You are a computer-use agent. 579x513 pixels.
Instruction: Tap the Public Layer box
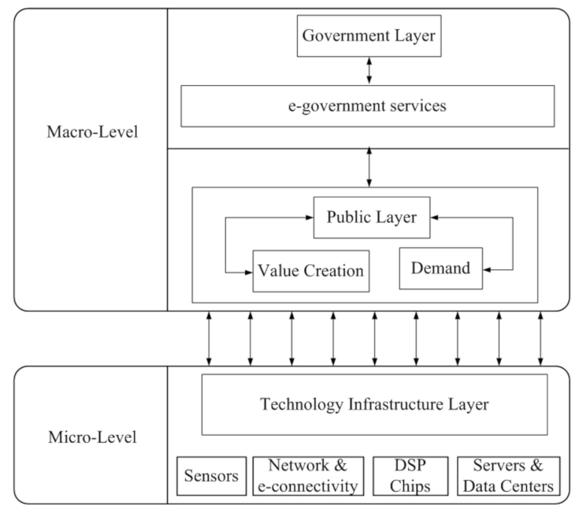tap(371, 217)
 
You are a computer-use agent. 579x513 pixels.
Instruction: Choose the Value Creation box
tap(310, 270)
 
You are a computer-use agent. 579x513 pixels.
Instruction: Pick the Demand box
tap(440, 268)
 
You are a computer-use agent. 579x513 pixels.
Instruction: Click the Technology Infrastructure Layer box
tap(374, 404)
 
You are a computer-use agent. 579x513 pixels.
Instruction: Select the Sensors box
tap(210, 476)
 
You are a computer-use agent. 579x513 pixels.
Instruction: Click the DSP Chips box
tap(410, 476)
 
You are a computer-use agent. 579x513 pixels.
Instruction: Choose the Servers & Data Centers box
tap(508, 476)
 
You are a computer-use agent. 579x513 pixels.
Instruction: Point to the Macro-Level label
tap(91, 132)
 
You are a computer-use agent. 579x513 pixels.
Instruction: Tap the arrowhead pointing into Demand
tap(488, 270)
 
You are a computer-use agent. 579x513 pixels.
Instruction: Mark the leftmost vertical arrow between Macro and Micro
tap(209, 337)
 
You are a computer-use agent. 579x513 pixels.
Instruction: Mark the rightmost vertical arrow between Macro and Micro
tap(540, 337)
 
